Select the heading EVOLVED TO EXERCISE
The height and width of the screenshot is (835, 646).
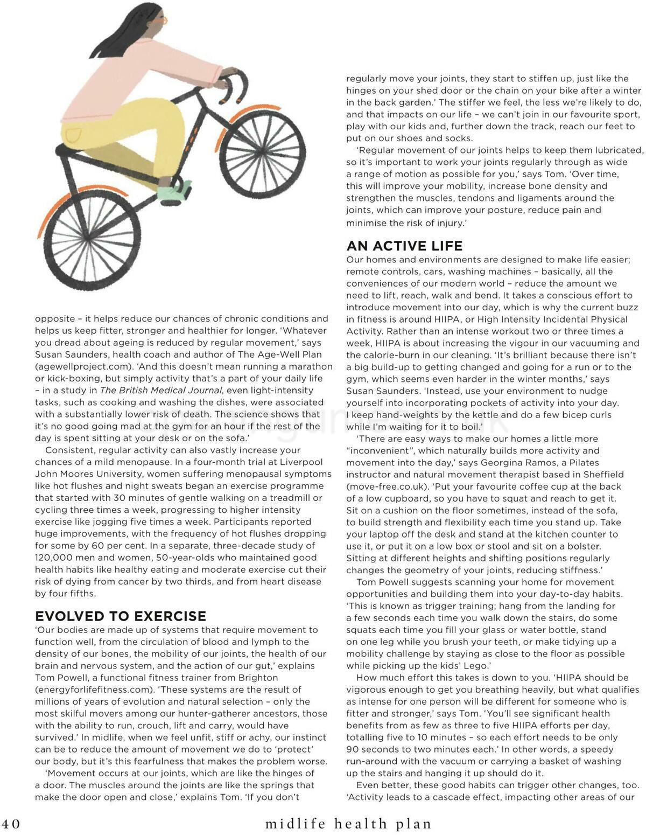pyautogui.click(x=121, y=616)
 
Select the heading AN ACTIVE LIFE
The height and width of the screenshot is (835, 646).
pyautogui.click(x=404, y=246)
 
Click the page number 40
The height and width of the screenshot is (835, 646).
pyautogui.click(x=11, y=824)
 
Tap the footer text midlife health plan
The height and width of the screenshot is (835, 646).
pyautogui.click(x=348, y=824)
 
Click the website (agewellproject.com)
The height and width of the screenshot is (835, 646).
pyautogui.click(x=84, y=366)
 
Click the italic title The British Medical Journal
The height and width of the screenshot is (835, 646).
pyautogui.click(x=161, y=390)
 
